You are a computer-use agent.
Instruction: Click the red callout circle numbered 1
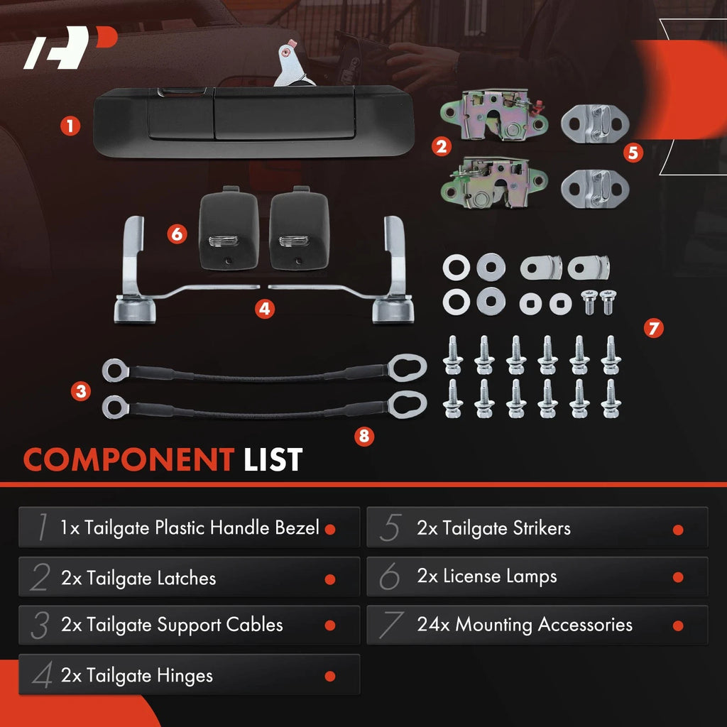point(70,126)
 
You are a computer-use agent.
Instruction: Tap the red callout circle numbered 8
point(364,437)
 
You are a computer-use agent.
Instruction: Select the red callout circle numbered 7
point(654,328)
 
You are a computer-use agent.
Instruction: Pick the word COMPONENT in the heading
point(129,459)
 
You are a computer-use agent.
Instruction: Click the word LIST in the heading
point(273,459)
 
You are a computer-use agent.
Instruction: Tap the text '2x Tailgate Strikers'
point(493,528)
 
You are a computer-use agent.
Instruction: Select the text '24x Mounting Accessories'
point(525,625)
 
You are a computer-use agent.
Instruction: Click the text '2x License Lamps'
point(486,576)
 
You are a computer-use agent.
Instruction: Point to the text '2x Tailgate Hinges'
point(137,675)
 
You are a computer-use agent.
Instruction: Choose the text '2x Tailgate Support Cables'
point(172,625)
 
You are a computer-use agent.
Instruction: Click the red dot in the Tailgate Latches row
point(330,579)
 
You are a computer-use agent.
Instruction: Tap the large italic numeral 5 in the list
point(390,528)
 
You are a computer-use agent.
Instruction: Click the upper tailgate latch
point(495,116)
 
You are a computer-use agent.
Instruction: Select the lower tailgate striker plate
point(595,189)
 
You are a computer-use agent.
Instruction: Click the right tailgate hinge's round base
point(393,310)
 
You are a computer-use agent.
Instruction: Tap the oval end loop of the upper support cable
point(407,367)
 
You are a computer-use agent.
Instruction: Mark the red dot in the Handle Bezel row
point(330,530)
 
